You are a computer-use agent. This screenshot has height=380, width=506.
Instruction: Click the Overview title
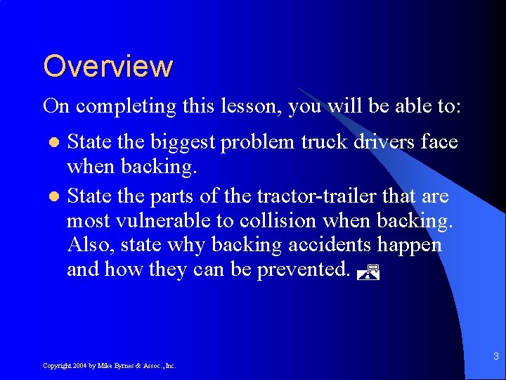(108, 66)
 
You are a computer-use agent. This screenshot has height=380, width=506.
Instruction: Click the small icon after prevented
(368, 271)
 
